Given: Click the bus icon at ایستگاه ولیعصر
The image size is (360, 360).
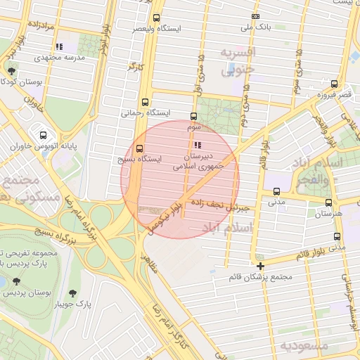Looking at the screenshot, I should [156, 18].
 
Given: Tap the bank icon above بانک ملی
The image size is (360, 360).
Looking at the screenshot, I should [255, 16].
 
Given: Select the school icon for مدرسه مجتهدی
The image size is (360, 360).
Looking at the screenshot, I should [60, 46].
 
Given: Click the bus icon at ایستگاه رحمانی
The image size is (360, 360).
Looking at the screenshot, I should [145, 101].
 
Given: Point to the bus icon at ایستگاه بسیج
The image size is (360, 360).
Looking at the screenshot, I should [139, 148].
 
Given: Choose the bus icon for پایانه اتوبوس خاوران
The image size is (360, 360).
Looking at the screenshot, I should [44, 135].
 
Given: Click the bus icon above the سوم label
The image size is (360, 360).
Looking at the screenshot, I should [193, 117].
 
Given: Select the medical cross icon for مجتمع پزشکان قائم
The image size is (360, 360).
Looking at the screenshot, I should [261, 266].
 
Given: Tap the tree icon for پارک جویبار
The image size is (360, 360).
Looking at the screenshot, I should [73, 292].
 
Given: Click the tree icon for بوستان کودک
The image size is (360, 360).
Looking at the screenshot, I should [12, 70].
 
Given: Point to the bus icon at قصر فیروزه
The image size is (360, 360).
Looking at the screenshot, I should [342, 84].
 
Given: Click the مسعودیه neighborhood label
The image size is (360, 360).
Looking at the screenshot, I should [304, 346].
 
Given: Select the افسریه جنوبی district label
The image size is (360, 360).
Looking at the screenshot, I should [238, 61].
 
